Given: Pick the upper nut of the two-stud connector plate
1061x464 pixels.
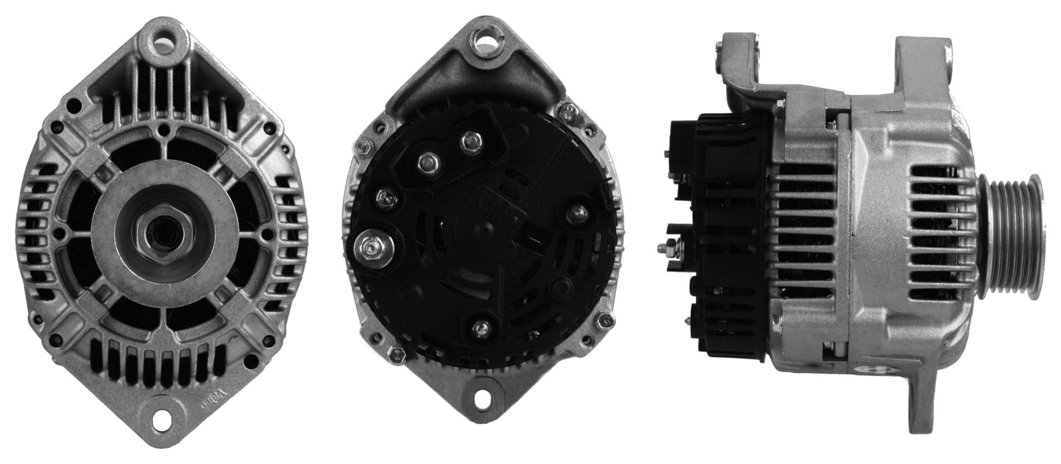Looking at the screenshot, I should [x=469, y=139].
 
